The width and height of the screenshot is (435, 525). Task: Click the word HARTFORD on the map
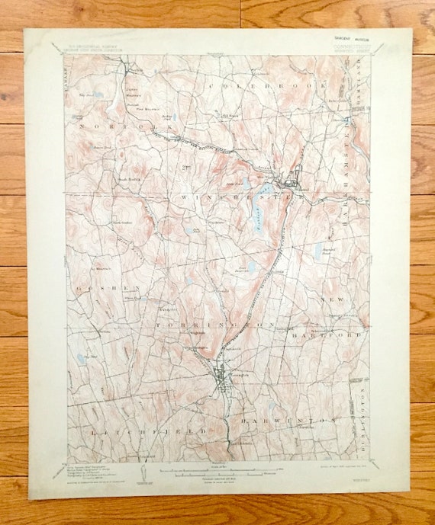[x=336, y=334]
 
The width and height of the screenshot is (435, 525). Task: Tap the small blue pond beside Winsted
[x=266, y=187]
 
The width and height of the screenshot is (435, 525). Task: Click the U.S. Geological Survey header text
[x=95, y=47]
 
